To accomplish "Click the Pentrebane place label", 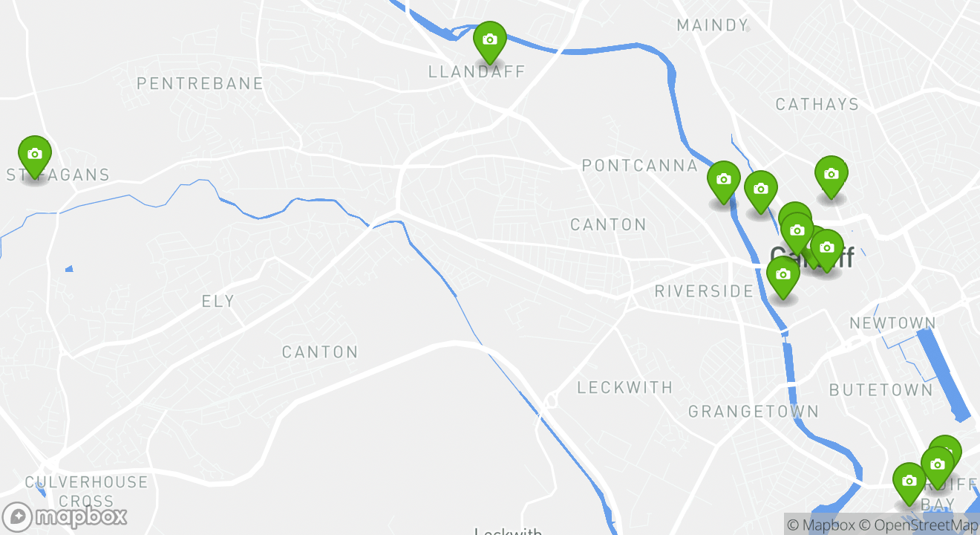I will [200, 83].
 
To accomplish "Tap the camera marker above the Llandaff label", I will [490, 39].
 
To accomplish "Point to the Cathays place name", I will [817, 104].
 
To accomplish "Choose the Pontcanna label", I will [640, 165].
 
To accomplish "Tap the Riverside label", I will [704, 291].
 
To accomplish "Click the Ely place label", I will [218, 301].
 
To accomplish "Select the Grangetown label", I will [754, 411].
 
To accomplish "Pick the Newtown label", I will [892, 323].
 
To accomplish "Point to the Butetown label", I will [881, 389].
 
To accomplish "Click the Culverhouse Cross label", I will [86, 491].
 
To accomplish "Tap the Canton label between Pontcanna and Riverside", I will [608, 224].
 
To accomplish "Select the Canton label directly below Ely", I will [320, 351].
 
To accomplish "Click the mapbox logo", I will [65, 516].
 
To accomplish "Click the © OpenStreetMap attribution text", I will [918, 525].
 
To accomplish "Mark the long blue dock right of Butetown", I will [944, 372].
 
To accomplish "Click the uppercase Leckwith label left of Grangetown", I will [625, 387].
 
